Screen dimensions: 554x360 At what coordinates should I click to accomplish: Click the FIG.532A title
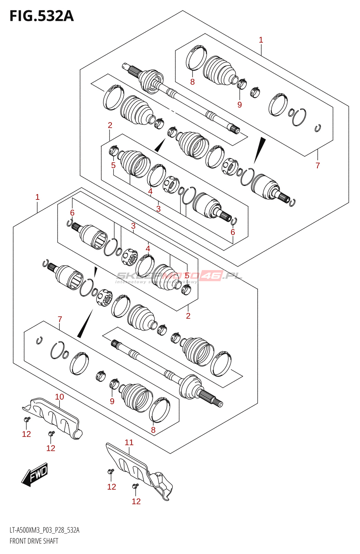point(42,16)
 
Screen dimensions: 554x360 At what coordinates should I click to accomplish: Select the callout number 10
point(60,397)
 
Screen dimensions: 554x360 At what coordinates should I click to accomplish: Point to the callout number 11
point(129,443)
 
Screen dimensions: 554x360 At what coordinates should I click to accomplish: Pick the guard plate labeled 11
point(138,467)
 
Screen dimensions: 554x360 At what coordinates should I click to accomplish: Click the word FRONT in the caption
point(18,541)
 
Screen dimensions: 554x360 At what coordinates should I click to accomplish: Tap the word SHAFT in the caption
point(51,541)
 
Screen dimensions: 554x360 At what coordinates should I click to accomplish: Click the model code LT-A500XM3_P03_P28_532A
point(44,530)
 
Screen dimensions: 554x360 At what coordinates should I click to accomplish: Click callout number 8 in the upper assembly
point(192,82)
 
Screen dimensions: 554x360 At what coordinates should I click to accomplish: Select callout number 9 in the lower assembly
point(112,401)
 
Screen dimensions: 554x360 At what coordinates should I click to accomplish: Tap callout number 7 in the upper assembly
point(318,166)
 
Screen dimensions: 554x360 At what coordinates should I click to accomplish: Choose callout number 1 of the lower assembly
point(37,197)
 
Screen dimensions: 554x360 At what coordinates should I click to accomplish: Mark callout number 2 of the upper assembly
point(110,125)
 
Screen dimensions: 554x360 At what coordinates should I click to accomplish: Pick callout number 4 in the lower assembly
point(148,249)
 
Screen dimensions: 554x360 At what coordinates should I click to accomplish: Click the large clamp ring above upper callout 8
point(196,57)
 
